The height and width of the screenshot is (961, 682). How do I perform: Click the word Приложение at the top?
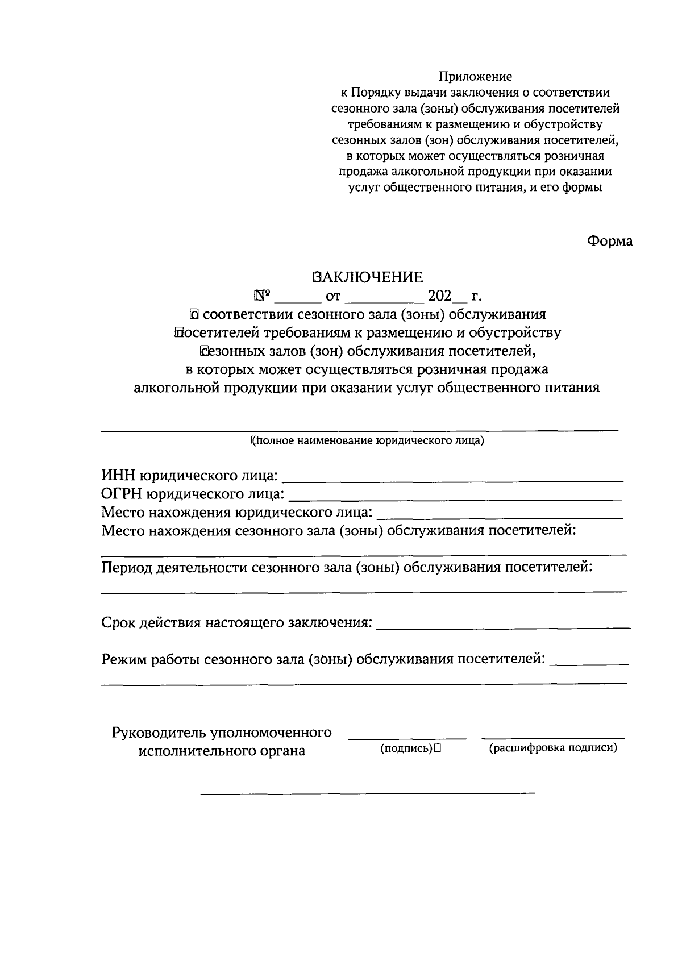[x=475, y=76]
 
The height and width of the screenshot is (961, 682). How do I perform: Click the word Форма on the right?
[x=609, y=241]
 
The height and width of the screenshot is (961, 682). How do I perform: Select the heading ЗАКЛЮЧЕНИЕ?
[x=367, y=277]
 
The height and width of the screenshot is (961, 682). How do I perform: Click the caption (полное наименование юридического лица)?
[x=367, y=440]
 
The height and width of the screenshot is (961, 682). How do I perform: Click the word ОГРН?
[x=122, y=494]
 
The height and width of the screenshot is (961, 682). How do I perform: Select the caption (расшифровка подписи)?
[x=553, y=748]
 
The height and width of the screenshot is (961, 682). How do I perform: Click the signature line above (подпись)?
[x=407, y=738]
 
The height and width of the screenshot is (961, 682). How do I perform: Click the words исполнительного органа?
[x=222, y=751]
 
